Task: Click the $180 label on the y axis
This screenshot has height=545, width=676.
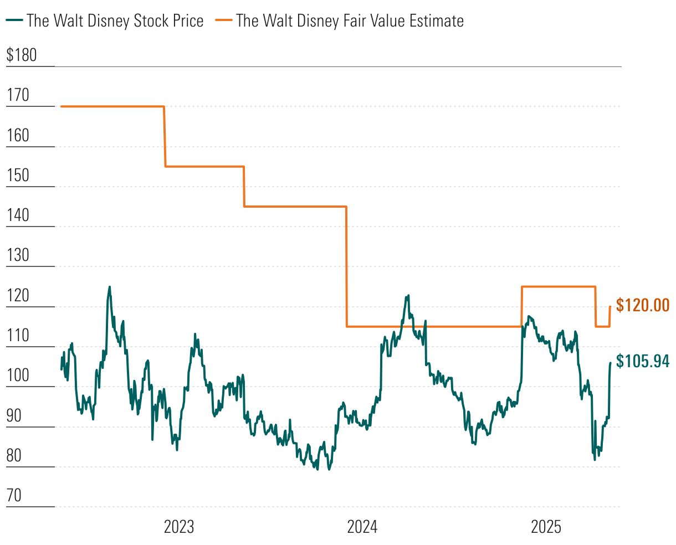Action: (22, 55)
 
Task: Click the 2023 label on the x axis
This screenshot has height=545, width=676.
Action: (179, 527)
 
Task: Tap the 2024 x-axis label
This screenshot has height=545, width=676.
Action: (362, 527)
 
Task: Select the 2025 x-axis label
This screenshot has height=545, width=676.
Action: (546, 527)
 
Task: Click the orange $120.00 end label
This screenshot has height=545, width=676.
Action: (643, 305)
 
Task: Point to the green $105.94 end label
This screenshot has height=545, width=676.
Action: (643, 362)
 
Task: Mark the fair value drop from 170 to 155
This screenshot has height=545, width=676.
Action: (165, 136)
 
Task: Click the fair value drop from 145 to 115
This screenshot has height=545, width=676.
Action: (346, 266)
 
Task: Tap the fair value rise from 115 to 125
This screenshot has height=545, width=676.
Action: (521, 306)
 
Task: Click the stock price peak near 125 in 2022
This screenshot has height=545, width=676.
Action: (109, 287)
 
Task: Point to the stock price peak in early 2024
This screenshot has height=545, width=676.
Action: (408, 296)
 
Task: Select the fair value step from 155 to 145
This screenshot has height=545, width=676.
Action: (244, 187)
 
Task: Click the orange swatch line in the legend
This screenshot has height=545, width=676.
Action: (224, 21)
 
